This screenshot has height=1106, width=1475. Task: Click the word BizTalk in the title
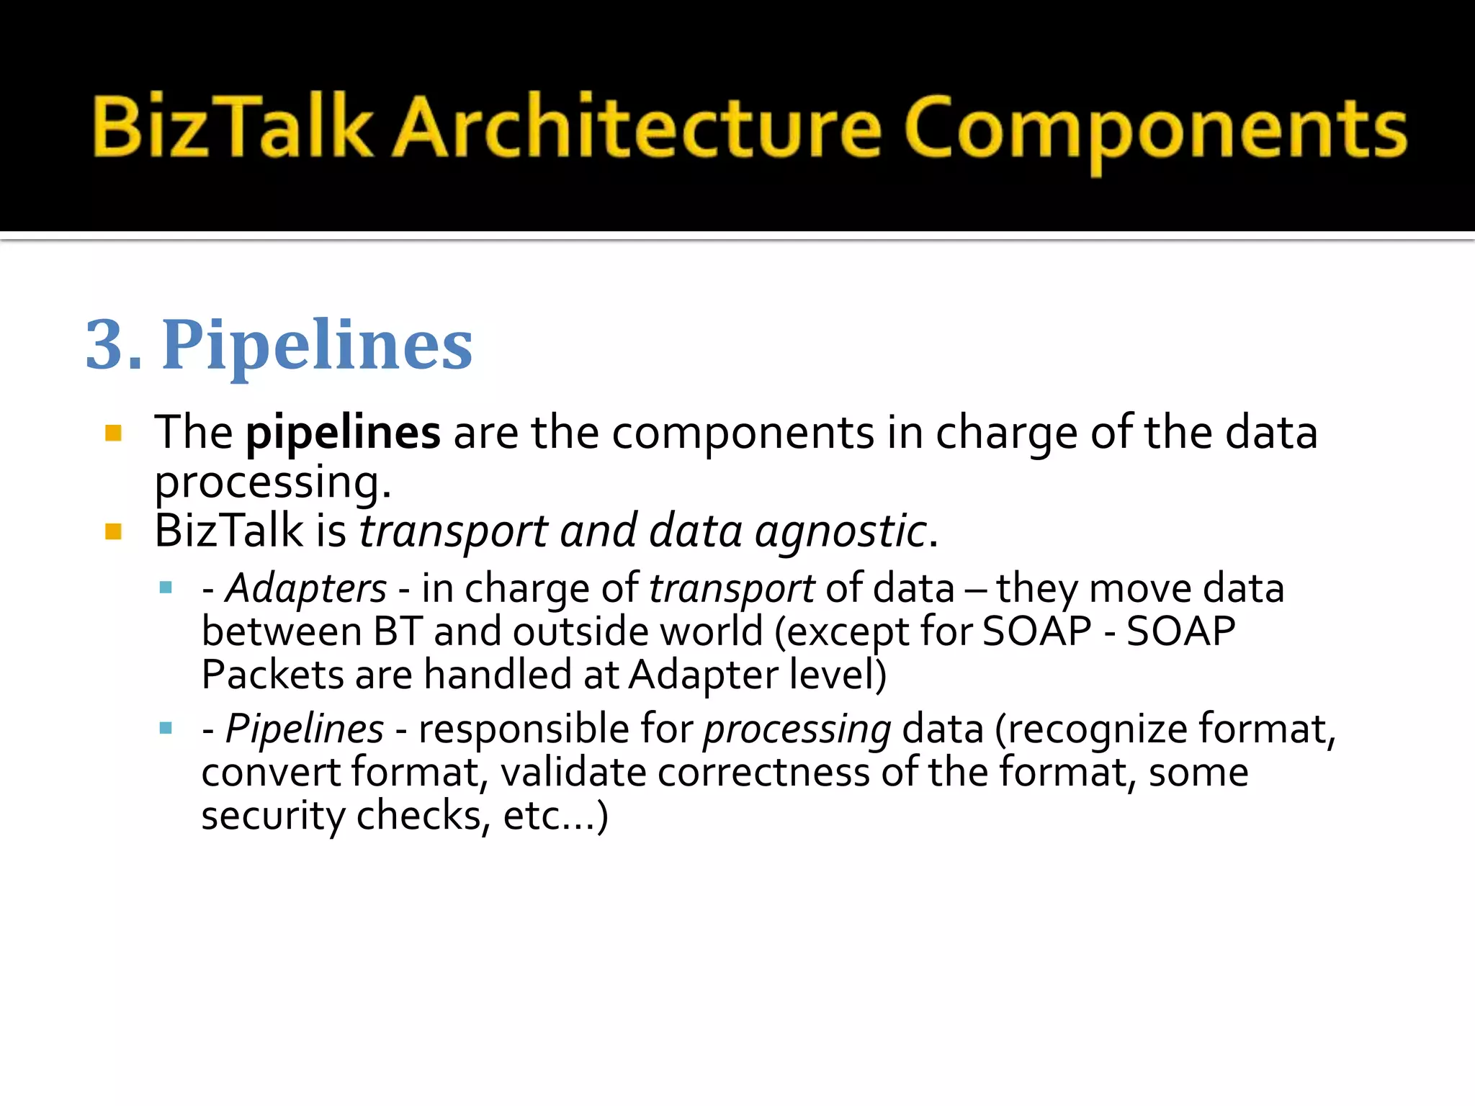pyautogui.click(x=232, y=127)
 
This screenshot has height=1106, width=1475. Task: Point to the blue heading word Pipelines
pyautogui.click(x=317, y=346)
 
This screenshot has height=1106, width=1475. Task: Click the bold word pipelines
pyautogui.click(x=343, y=433)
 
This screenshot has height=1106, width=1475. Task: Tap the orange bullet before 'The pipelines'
pyautogui.click(x=113, y=433)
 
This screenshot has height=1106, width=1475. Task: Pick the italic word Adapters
pyautogui.click(x=306, y=588)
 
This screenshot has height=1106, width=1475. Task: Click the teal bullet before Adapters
pyautogui.click(x=166, y=588)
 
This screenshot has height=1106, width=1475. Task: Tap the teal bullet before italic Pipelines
pyautogui.click(x=166, y=728)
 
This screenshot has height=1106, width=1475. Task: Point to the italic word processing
pyautogui.click(x=797, y=730)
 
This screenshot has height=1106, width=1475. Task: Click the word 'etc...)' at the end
pyautogui.click(x=555, y=816)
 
